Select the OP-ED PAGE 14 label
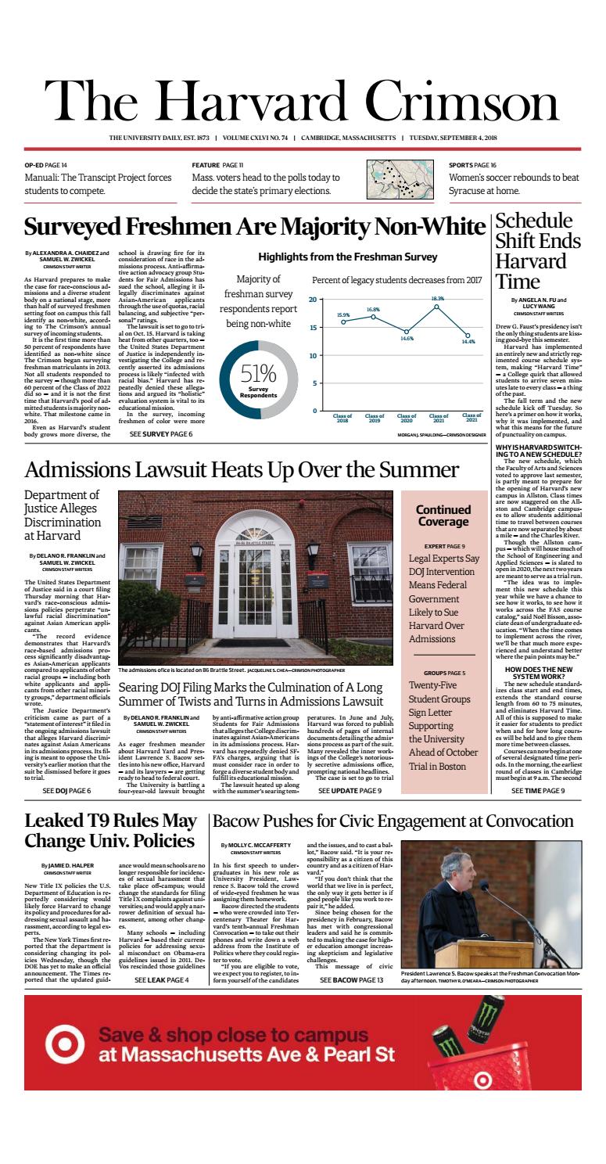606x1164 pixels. (x=46, y=165)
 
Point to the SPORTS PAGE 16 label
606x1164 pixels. (x=472, y=165)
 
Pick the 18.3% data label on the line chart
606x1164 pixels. (x=437, y=298)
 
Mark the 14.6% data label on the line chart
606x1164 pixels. (x=407, y=339)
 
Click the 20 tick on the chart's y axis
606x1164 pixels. (x=312, y=300)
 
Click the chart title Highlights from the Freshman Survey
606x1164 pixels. (x=347, y=257)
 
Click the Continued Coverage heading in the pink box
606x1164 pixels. (x=443, y=516)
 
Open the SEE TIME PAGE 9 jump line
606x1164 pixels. (x=537, y=791)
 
